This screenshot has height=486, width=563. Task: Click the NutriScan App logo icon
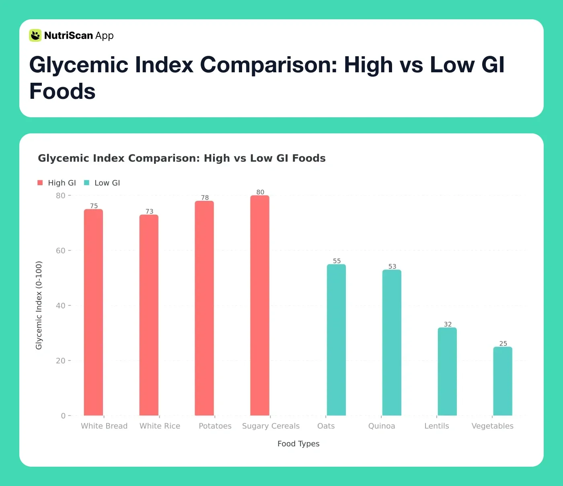[35, 35]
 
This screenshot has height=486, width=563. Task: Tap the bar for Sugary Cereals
[260, 305]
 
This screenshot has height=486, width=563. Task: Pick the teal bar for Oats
[336, 340]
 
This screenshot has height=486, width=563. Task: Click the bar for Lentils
[447, 372]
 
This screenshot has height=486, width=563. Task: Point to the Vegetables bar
[503, 381]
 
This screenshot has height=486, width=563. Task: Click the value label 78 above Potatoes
[205, 198]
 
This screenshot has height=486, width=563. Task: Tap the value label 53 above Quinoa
[392, 266]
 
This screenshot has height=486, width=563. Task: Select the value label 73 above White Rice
[149, 211]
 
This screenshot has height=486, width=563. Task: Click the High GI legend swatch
[40, 183]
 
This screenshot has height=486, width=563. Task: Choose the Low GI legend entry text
[107, 183]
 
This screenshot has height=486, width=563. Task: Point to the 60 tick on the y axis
[61, 251]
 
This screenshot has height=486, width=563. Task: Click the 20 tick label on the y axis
[61, 361]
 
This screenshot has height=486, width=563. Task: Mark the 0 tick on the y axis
[63, 416]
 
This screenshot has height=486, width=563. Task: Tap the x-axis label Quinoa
[382, 426]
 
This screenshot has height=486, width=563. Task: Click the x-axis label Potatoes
[215, 426]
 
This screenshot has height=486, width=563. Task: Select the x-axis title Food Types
[298, 443]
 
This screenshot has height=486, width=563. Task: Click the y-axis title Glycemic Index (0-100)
[39, 305]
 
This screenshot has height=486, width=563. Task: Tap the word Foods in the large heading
[62, 91]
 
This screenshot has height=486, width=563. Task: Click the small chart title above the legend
[182, 158]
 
